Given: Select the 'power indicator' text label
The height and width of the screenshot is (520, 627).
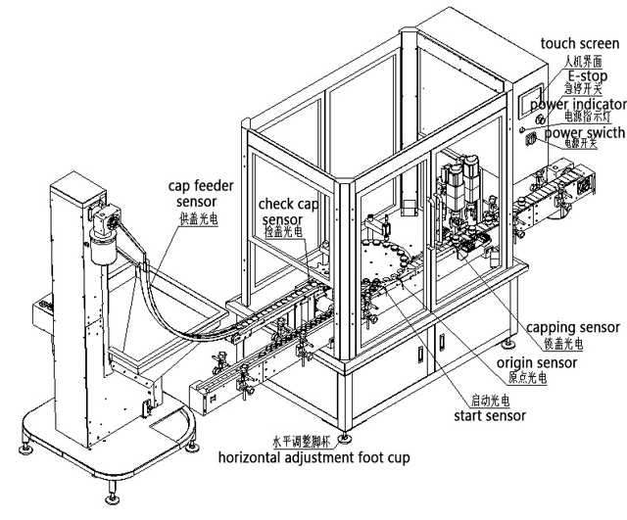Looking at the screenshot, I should click(579, 104).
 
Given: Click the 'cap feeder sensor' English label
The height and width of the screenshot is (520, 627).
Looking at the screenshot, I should click(196, 193).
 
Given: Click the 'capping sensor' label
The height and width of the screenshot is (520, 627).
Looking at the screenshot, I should click(572, 328).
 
